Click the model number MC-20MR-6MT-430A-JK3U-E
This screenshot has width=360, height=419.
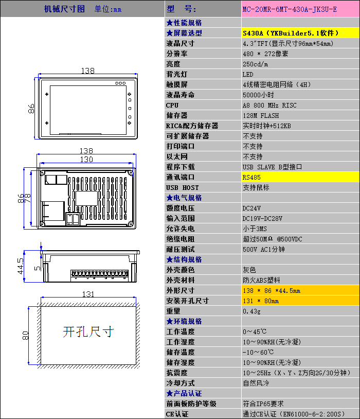(290, 9)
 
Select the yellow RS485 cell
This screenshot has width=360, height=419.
(300, 177)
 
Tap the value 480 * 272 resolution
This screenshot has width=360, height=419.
(265, 54)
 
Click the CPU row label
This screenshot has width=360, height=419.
(172, 106)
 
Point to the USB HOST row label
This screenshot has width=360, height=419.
(183, 187)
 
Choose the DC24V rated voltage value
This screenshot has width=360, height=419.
(251, 208)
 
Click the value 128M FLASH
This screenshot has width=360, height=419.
(261, 116)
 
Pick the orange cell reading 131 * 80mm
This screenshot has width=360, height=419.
(300, 301)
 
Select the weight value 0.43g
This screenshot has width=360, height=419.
(251, 311)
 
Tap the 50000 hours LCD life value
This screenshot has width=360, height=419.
(258, 95)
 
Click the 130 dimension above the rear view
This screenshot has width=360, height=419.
(86, 160)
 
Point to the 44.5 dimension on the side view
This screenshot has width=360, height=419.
(21, 266)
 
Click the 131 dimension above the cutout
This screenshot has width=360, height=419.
(88, 294)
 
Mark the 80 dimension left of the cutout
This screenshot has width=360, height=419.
(25, 336)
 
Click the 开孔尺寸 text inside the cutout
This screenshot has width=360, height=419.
(88, 332)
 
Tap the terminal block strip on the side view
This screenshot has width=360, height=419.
(99, 274)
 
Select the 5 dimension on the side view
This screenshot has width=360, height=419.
(38, 268)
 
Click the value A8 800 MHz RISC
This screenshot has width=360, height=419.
(269, 106)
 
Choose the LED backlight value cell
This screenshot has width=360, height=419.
(300, 74)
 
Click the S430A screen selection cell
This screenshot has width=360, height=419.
(300, 33)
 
